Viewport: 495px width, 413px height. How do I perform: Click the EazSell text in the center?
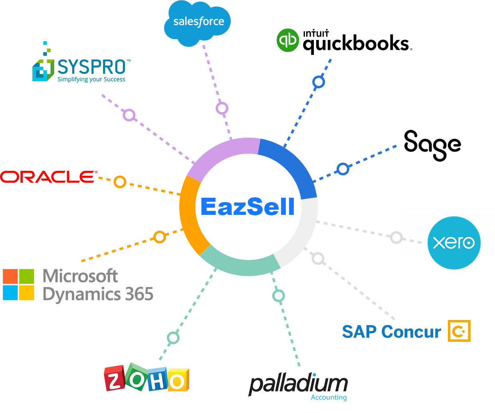click(247, 206)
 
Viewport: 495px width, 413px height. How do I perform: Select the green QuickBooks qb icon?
click(288, 40)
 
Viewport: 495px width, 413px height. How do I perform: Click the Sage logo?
click(432, 145)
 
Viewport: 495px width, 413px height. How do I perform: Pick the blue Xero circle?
click(454, 242)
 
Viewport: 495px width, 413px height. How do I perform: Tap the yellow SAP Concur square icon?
click(459, 331)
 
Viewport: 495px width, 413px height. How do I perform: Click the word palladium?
click(298, 384)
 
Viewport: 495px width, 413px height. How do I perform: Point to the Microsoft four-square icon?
click(19, 284)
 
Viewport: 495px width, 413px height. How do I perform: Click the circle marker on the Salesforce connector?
click(222, 108)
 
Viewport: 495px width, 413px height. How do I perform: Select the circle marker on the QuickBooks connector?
click(319, 82)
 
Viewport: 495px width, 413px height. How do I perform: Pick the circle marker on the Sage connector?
click(343, 169)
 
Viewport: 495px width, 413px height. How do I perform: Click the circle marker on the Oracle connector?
click(120, 182)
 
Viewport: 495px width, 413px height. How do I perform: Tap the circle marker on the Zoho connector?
click(173, 338)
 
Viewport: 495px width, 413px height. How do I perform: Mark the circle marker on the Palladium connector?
click(278, 296)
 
